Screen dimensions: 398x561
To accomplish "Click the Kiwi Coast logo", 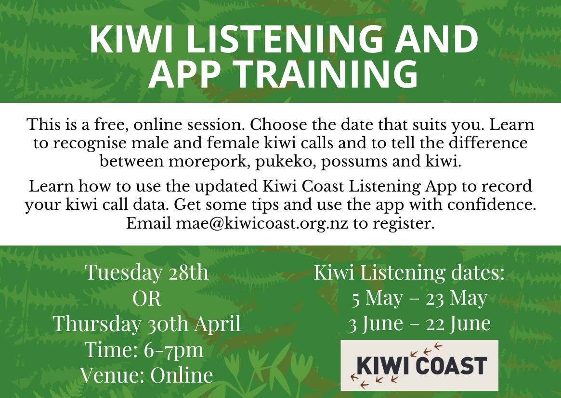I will click(x=419, y=365).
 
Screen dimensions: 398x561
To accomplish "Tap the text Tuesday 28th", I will click(x=147, y=272).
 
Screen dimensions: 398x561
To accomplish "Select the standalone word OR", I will click(x=147, y=298).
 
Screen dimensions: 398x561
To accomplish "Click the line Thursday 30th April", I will click(x=147, y=324).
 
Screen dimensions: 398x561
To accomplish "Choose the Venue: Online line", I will click(x=147, y=375).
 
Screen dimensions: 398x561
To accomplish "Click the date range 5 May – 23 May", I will click(x=419, y=298).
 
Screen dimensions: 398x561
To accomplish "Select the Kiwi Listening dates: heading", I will click(x=409, y=272).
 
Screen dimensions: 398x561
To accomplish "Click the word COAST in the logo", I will click(x=451, y=365).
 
